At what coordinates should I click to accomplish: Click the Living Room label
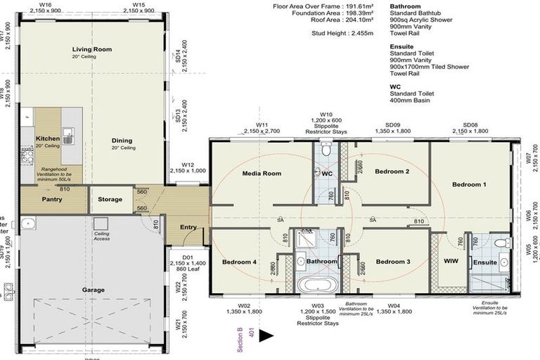click(x=92, y=49)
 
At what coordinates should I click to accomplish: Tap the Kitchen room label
click(x=48, y=139)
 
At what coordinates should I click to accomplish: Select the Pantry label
click(x=53, y=200)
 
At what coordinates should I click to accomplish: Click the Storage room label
click(x=110, y=200)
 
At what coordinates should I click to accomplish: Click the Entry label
click(x=188, y=226)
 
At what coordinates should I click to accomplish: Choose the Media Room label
click(x=262, y=173)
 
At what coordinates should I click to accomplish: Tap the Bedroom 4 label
click(x=240, y=262)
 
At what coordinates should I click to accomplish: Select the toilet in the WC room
click(x=325, y=150)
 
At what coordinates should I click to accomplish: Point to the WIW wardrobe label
click(x=451, y=262)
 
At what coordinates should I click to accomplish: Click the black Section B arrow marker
click(x=266, y=337)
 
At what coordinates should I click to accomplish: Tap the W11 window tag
click(x=262, y=124)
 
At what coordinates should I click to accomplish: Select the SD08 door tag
click(x=470, y=124)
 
